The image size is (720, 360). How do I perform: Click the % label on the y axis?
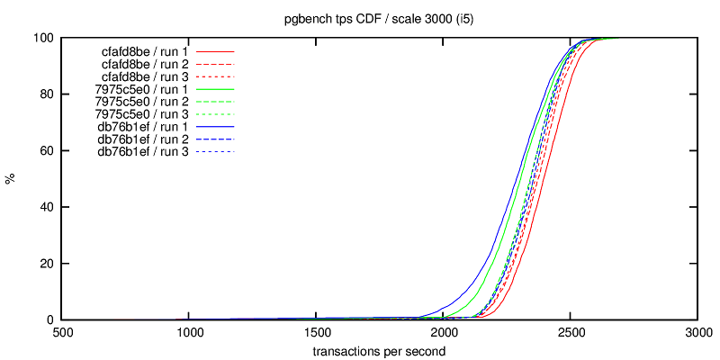11,179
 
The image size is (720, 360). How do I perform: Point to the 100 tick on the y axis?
44,39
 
